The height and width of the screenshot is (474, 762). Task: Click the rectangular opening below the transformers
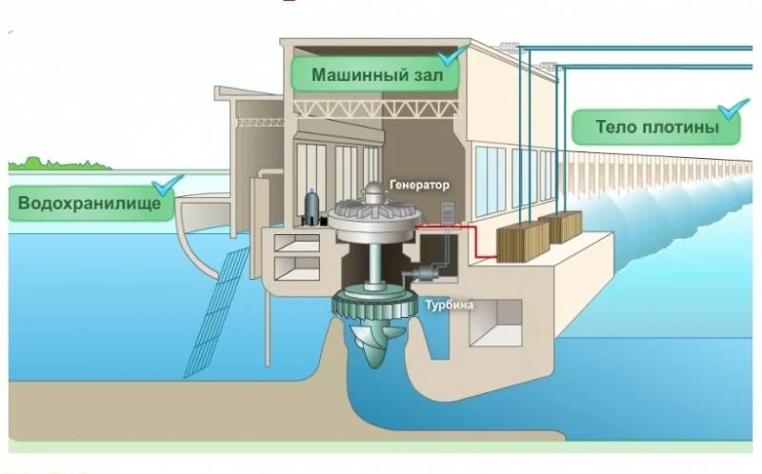[496, 322]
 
